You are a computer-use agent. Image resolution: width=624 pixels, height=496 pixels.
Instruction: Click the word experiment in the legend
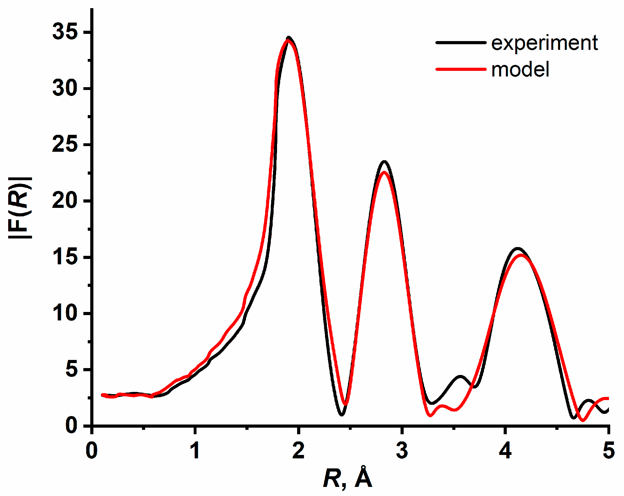(544, 43)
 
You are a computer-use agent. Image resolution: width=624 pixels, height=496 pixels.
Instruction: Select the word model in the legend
(520, 70)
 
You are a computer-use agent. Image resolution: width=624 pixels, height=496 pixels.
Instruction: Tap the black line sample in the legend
(461, 42)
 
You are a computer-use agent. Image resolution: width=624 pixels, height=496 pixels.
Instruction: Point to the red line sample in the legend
(461, 69)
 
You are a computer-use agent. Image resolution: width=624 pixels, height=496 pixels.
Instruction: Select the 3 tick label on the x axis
(402, 451)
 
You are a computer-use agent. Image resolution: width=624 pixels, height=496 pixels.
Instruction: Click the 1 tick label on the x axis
(195, 451)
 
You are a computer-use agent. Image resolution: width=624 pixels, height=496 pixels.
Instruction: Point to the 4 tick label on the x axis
(505, 451)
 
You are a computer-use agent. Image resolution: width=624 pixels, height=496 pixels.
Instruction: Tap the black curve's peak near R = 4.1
(517, 249)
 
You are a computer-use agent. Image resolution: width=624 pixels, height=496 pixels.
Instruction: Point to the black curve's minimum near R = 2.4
(342, 414)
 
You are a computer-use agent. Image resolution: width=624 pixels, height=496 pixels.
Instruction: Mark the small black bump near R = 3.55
(460, 376)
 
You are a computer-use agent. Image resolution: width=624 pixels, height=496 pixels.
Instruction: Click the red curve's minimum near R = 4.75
(582, 420)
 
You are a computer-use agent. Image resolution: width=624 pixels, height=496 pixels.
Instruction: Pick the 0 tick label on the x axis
(92, 451)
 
